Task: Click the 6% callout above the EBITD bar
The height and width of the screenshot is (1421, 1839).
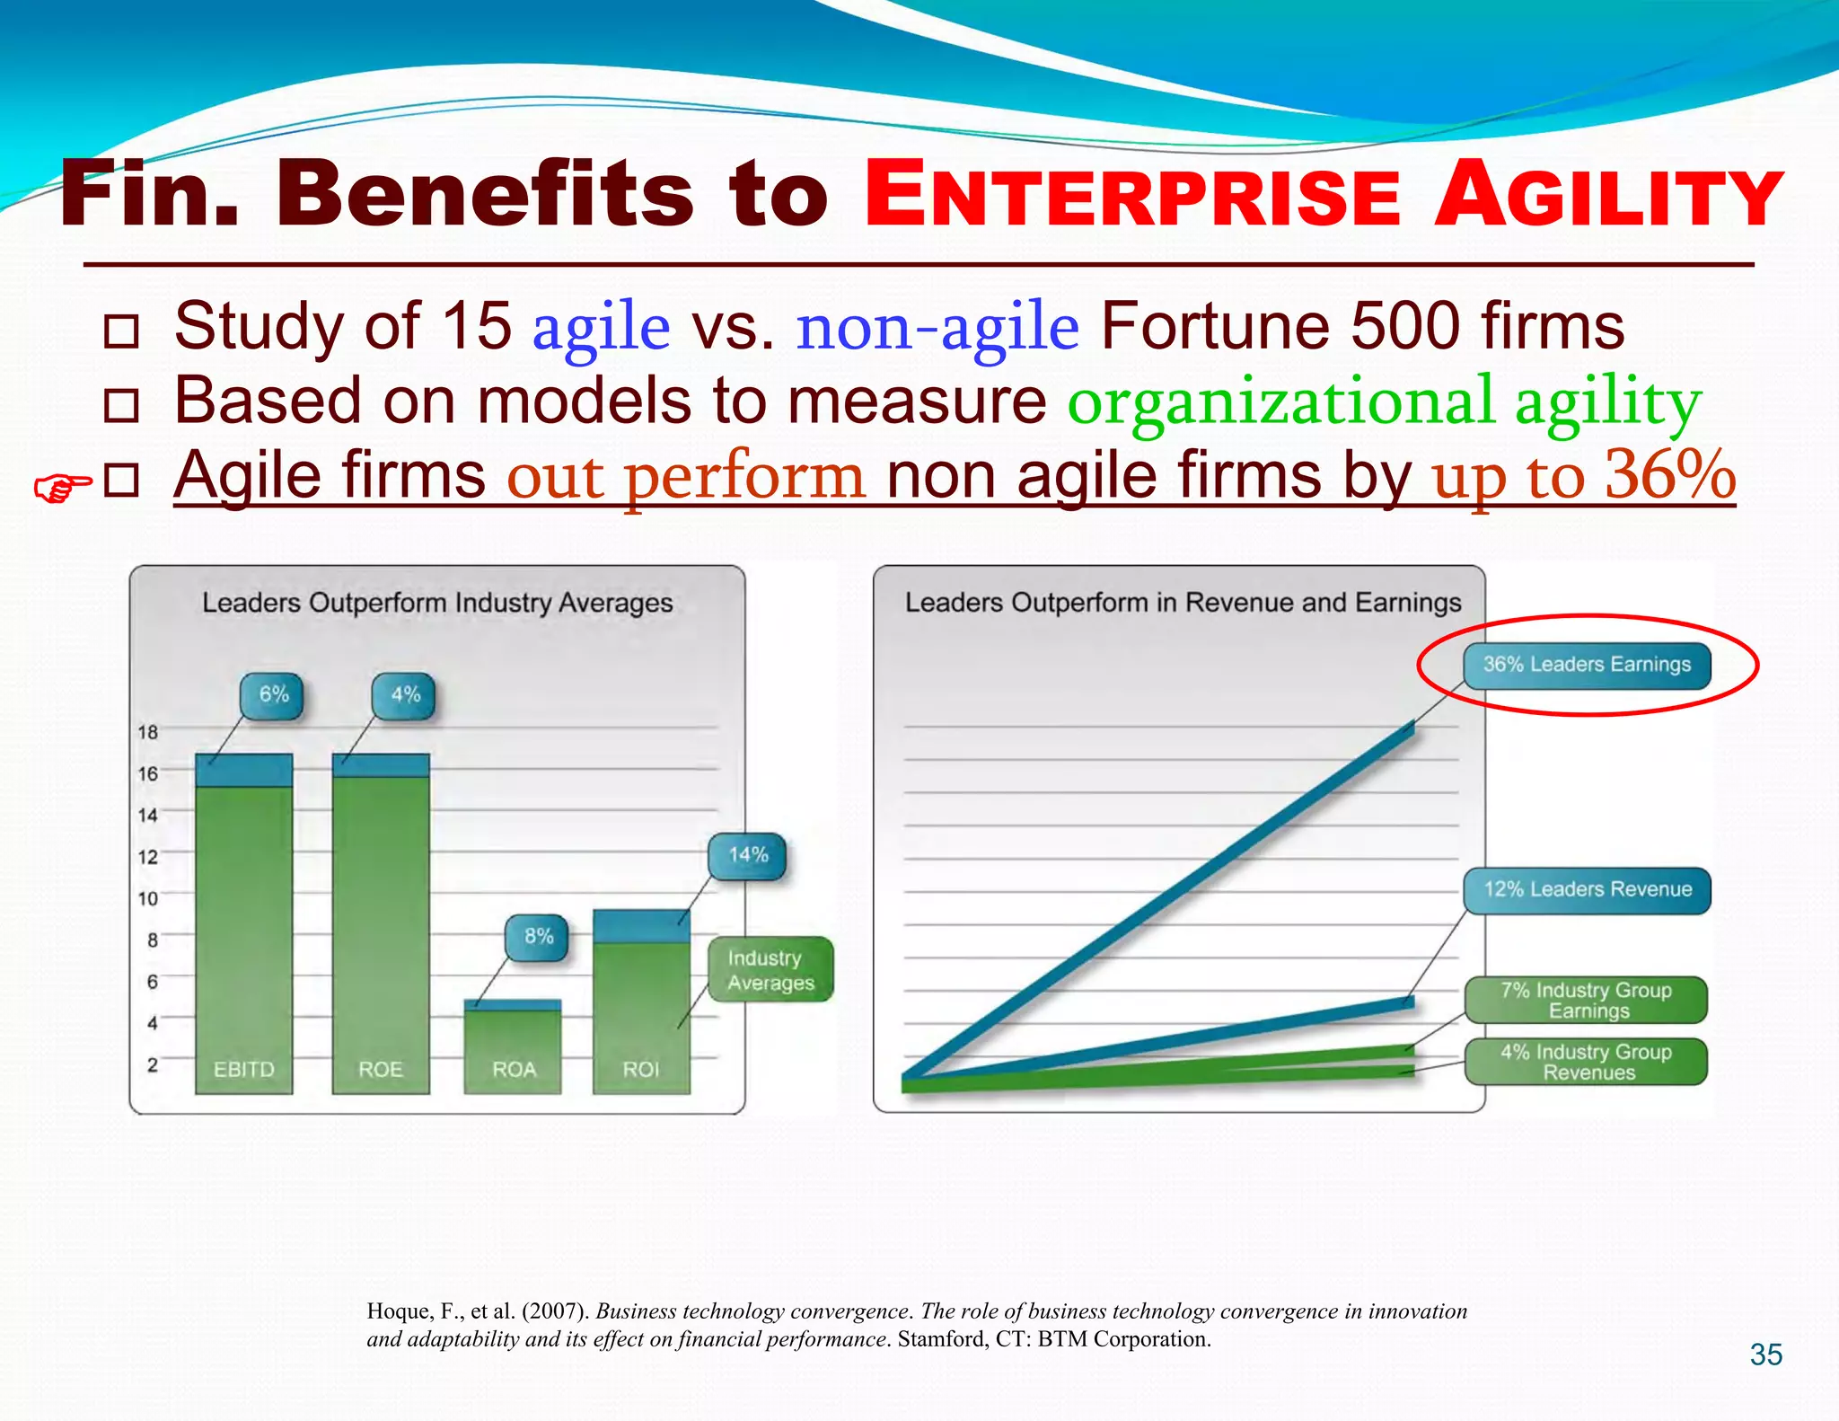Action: click(x=272, y=695)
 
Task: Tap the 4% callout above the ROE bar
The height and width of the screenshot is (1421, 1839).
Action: click(x=404, y=695)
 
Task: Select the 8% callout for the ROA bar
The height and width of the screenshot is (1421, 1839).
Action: click(x=537, y=937)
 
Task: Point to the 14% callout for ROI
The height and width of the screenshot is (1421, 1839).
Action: click(x=747, y=855)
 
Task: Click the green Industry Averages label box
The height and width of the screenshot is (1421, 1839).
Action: click(x=770, y=970)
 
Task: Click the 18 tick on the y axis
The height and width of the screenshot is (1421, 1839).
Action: click(x=147, y=732)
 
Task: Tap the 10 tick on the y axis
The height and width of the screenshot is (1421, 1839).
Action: click(x=147, y=898)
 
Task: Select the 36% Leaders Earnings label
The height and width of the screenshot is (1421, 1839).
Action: click(x=1587, y=666)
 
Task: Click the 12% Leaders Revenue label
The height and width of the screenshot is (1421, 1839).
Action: click(x=1587, y=890)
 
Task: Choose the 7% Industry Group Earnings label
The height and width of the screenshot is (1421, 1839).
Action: click(x=1586, y=1001)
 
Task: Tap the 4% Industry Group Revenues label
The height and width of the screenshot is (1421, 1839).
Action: click(x=1586, y=1062)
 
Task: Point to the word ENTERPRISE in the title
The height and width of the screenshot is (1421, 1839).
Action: click(x=1131, y=197)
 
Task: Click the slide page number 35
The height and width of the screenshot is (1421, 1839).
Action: click(x=1765, y=1355)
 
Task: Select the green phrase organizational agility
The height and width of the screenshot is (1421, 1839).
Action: click(x=1383, y=402)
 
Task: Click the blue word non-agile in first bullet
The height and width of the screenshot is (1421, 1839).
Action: click(x=937, y=328)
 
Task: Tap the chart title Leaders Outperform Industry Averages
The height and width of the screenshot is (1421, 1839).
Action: click(x=437, y=603)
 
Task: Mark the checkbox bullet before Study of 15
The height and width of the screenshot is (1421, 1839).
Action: click(x=121, y=331)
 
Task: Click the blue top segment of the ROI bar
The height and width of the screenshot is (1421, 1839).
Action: click(x=641, y=926)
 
